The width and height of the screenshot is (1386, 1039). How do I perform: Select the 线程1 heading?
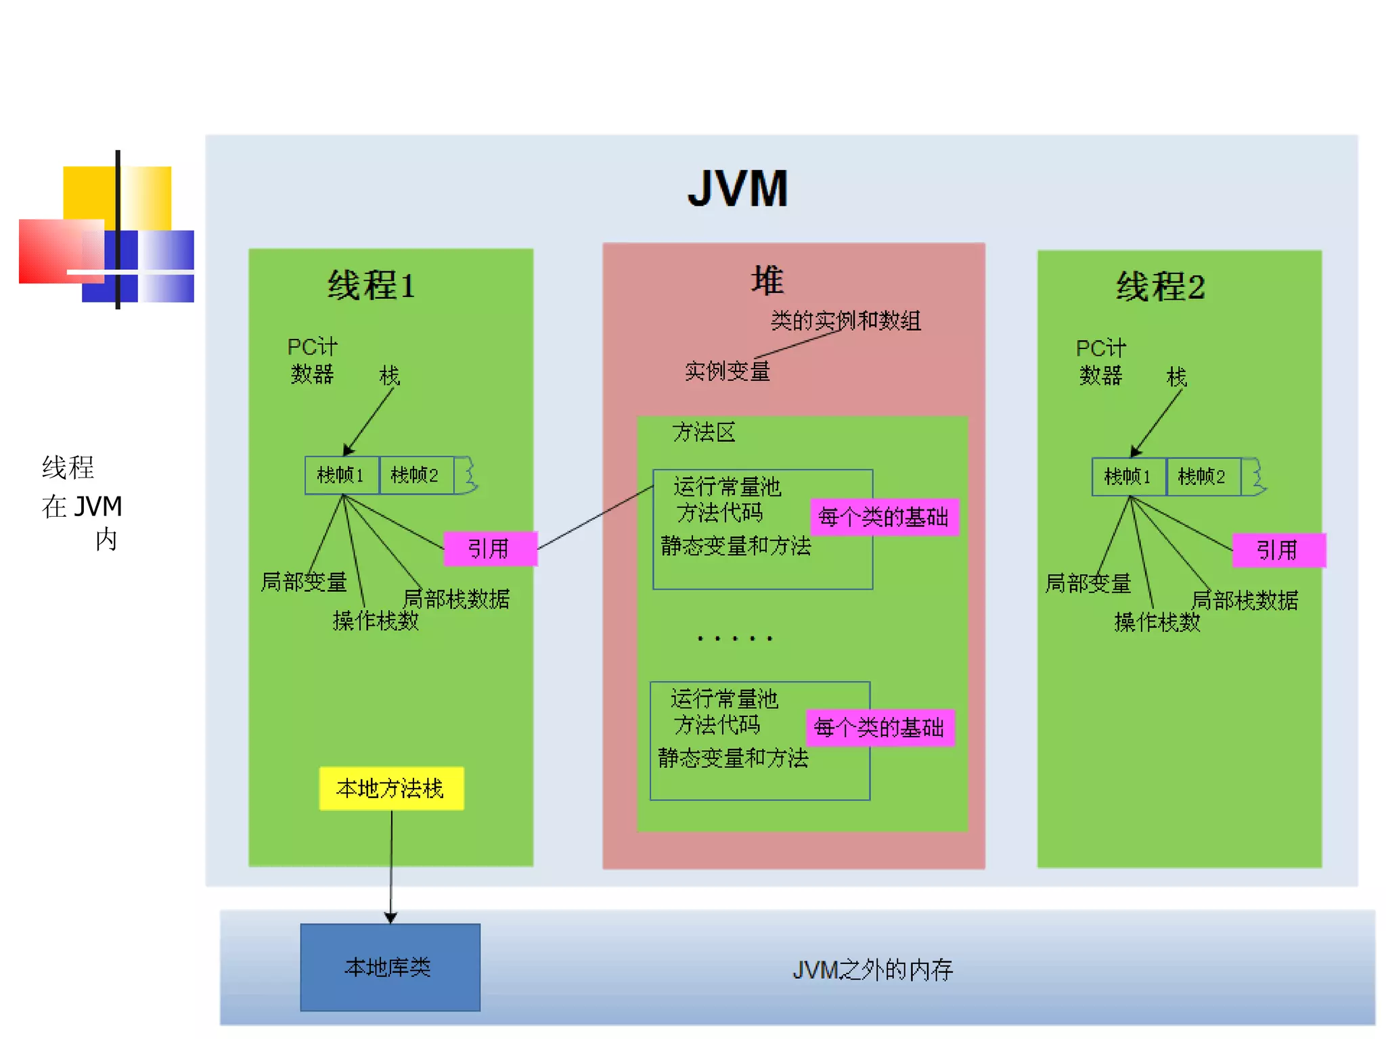pyautogui.click(x=371, y=285)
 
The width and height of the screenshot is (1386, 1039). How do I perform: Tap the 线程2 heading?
pyautogui.click(x=1160, y=287)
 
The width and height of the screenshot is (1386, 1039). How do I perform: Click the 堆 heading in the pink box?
pyautogui.click(x=767, y=280)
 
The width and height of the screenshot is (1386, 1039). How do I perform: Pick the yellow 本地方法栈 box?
pyautogui.click(x=391, y=788)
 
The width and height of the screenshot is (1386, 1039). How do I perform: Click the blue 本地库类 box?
pyautogui.click(x=390, y=967)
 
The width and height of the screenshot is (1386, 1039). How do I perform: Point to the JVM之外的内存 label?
pyautogui.click(x=872, y=970)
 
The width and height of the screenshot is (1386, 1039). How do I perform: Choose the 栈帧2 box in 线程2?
pyautogui.click(x=1203, y=477)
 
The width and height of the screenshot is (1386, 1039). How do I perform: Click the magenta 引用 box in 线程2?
pyautogui.click(x=1278, y=550)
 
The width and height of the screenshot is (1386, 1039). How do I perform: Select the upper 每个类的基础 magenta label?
pyautogui.click(x=884, y=517)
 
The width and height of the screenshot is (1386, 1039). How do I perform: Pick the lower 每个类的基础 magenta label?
pyautogui.click(x=880, y=728)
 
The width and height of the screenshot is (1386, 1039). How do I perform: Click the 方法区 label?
pyautogui.click(x=704, y=432)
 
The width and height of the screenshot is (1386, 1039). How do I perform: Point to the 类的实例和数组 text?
pyautogui.click(x=846, y=321)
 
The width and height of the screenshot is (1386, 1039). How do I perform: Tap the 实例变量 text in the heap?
pyautogui.click(x=728, y=371)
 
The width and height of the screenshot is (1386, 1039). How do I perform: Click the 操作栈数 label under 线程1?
pyautogui.click(x=376, y=621)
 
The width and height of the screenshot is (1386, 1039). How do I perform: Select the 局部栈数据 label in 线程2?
pyautogui.click(x=1245, y=601)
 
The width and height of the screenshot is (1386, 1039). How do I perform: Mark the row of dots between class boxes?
pyautogui.click(x=735, y=638)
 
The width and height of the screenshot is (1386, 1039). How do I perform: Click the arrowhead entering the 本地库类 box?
pyautogui.click(x=390, y=918)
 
